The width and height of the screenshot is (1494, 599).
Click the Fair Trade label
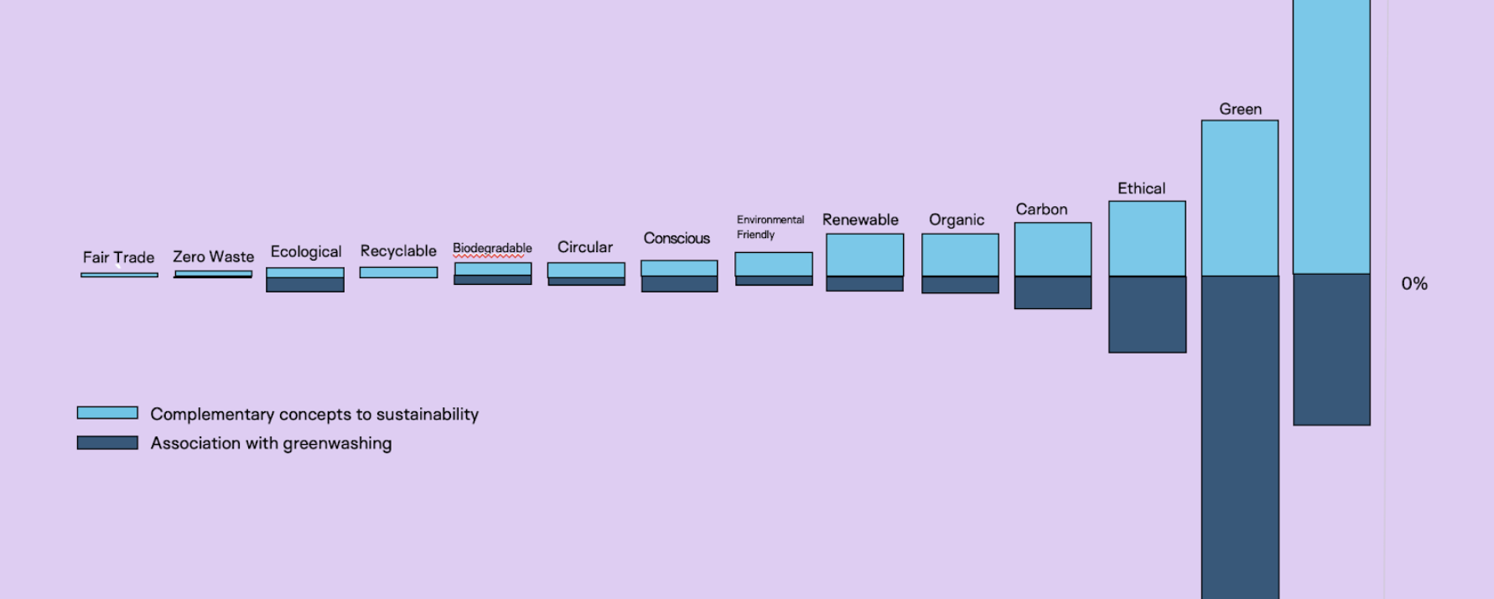118,257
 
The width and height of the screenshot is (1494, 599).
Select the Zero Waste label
213,256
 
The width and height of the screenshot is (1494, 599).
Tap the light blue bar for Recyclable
398,272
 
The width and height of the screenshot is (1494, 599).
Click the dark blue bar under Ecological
305,285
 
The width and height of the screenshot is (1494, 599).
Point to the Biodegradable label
492,248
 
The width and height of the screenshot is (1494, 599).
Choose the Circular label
585,247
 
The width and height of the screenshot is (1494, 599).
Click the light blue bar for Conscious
679,268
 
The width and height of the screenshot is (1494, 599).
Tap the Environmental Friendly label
770,227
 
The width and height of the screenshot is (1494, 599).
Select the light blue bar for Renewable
864,255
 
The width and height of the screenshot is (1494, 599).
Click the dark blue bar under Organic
960,285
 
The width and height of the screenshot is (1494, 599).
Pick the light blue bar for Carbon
1053,249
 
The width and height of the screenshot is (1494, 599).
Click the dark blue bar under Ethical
1147,314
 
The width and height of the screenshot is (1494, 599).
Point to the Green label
1240,109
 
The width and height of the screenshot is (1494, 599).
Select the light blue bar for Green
1240,198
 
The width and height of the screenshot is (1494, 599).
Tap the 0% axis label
1414,284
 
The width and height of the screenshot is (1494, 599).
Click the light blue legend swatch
107,413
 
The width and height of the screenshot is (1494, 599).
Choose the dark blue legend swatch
107,442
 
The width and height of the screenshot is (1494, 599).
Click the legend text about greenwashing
271,443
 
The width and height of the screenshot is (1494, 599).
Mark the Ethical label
1141,188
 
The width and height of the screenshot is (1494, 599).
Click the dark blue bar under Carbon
1053,292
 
